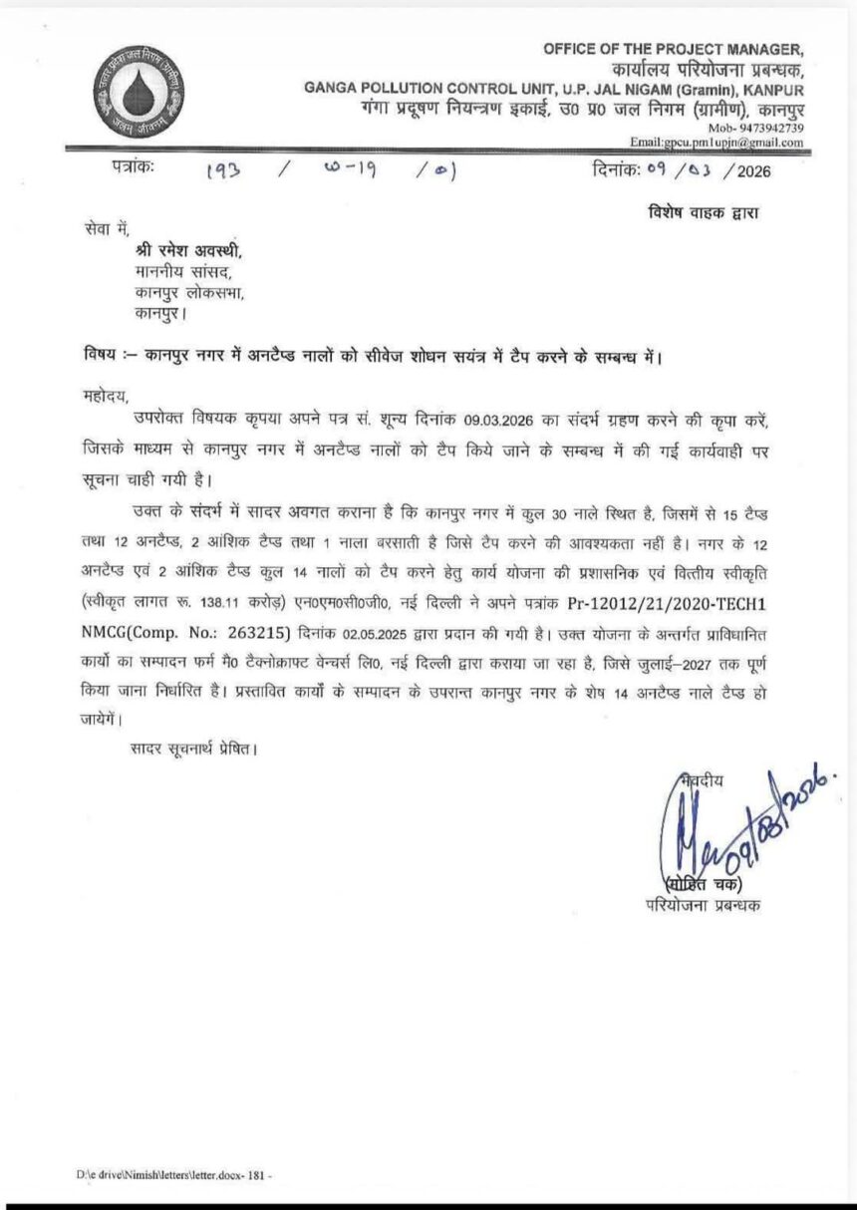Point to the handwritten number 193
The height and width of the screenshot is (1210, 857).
click(224, 170)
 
